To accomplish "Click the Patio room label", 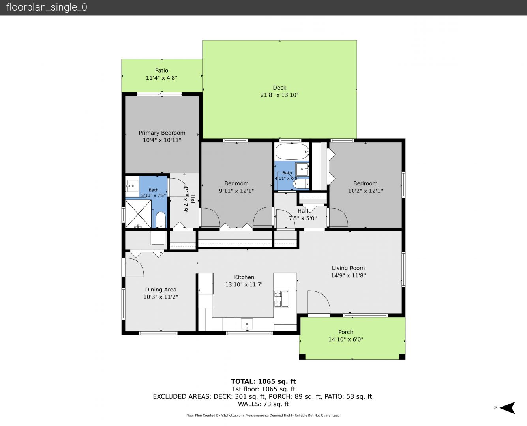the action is tap(161, 71).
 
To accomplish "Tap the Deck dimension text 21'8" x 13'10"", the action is tap(279, 95).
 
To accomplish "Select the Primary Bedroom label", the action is tap(162, 133).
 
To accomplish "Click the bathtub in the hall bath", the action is tap(292, 151).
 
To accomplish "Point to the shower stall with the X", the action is tap(138, 214).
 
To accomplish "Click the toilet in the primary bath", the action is tap(161, 220).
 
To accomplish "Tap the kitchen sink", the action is tap(247, 324).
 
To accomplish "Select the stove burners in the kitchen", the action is tap(278, 299).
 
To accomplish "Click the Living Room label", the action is tap(348, 268).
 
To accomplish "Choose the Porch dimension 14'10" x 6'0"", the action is tap(346, 340).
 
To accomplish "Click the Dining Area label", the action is tap(161, 290).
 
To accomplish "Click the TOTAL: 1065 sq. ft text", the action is tap(263, 381).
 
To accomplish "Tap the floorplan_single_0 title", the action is tap(47, 7).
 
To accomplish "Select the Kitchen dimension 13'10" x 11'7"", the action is tap(244, 284).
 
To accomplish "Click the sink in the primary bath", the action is tap(132, 186).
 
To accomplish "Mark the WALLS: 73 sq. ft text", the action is tap(263, 404).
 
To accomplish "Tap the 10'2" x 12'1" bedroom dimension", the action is tap(365, 191).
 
